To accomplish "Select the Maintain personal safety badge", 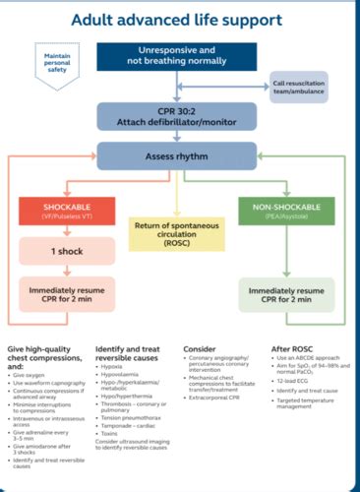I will click(x=57, y=63).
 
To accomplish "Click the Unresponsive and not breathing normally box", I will click(x=180, y=57).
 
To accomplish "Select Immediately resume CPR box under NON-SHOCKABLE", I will click(x=284, y=297).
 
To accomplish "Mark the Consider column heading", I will click(x=201, y=348).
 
